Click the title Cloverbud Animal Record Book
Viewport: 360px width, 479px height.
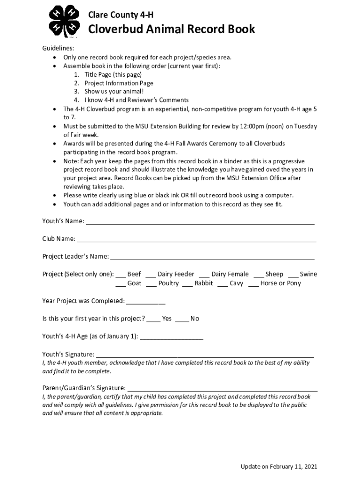pyautogui.click(x=172, y=29)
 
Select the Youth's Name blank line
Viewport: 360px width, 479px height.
pyautogui.click(x=200, y=223)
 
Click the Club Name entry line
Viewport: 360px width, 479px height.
pyautogui.click(x=196, y=241)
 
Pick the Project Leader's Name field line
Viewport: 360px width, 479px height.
pyautogui.click(x=212, y=258)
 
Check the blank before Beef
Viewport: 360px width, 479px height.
pyautogui.click(x=121, y=276)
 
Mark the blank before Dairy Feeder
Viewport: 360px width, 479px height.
pyautogui.click(x=151, y=276)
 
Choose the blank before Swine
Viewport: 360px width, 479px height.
pyautogui.click(x=293, y=276)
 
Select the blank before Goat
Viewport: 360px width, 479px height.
pyautogui.click(x=121, y=285)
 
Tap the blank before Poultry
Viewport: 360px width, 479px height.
pyautogui.click(x=151, y=285)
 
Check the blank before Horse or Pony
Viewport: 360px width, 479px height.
pyautogui.click(x=253, y=285)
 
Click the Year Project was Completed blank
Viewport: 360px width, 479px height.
pyautogui.click(x=146, y=303)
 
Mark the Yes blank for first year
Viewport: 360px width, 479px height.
pyautogui.click(x=153, y=320)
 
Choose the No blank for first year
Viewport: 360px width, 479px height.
pyautogui.click(x=182, y=320)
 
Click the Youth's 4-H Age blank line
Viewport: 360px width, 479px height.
pyautogui.click(x=172, y=338)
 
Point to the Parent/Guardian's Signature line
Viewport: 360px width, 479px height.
pyautogui.click(x=223, y=389)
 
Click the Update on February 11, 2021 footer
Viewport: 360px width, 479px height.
pyautogui.click(x=279, y=467)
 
